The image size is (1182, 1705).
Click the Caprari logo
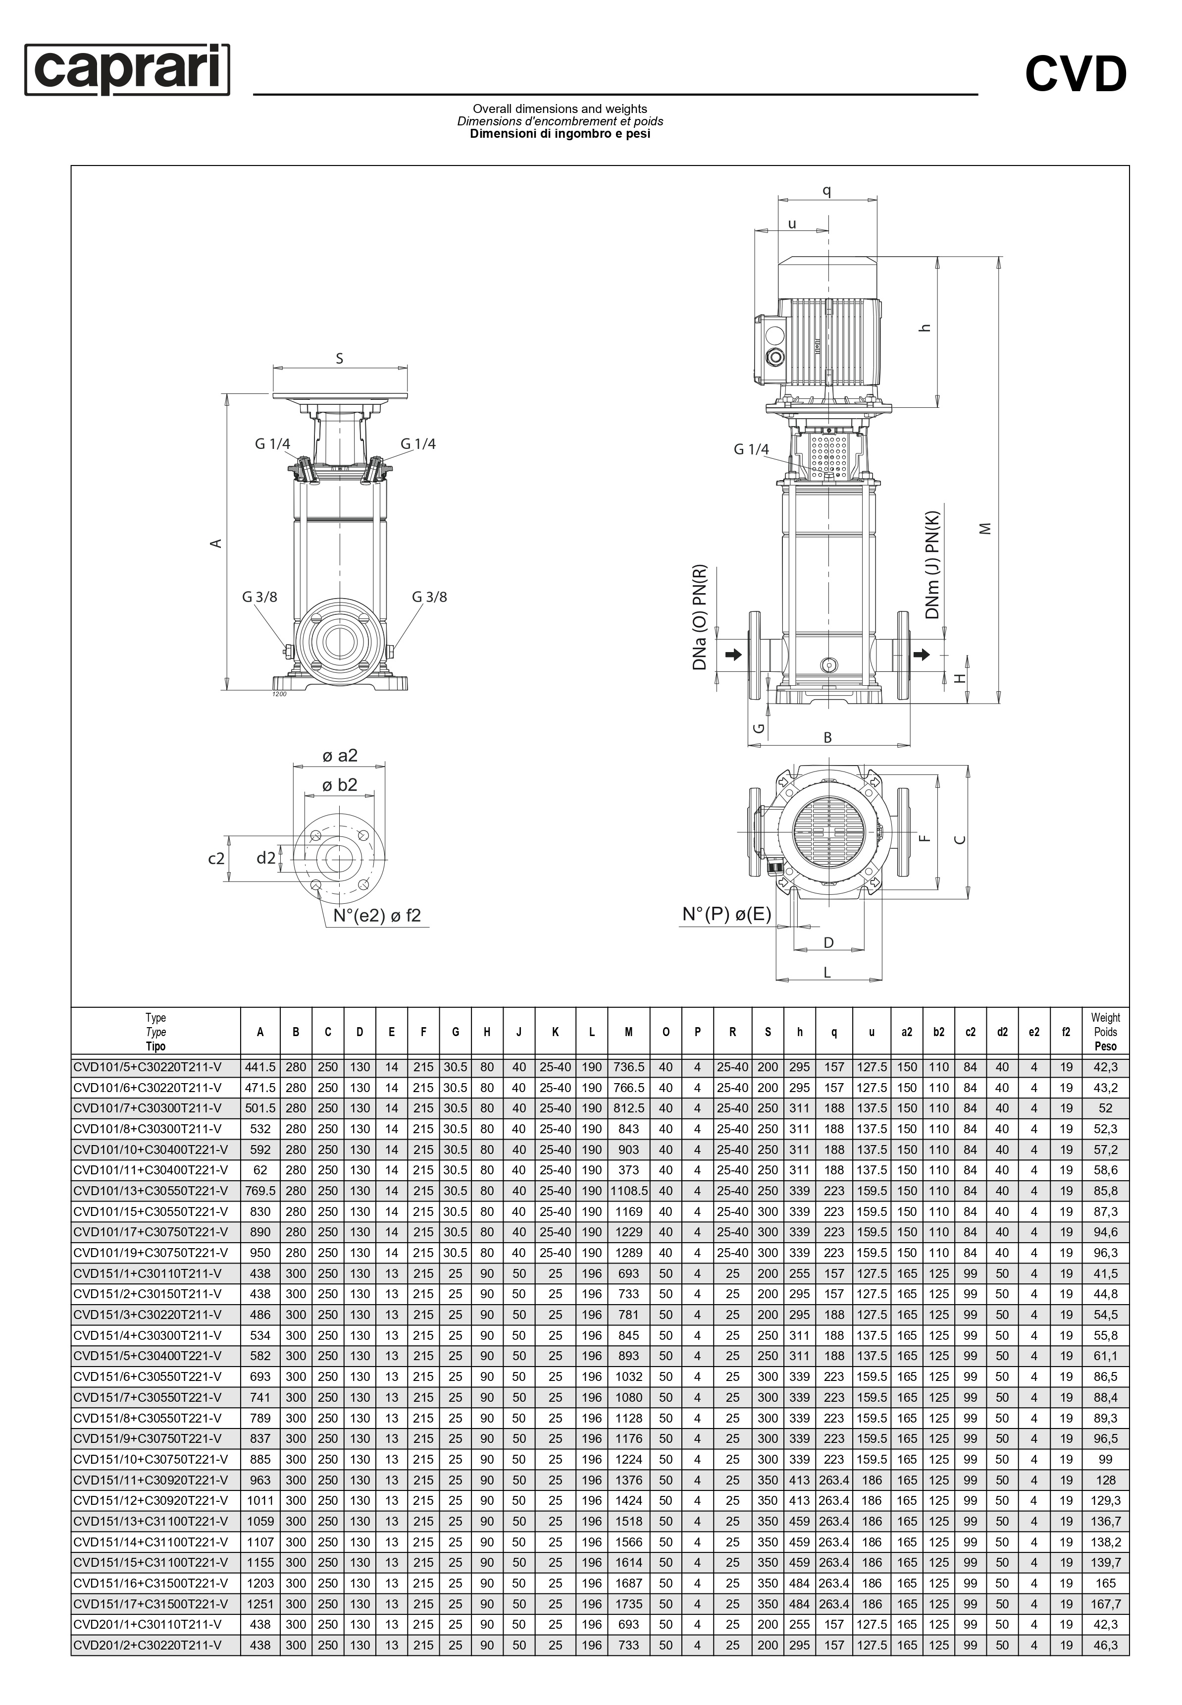tap(127, 70)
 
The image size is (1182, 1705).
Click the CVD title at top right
tap(1076, 75)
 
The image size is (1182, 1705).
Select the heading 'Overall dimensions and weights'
tap(560, 109)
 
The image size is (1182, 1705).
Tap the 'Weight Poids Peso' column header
tap(1105, 1032)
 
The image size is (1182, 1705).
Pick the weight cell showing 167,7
tap(1105, 1603)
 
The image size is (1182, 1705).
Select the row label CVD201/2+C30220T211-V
tap(148, 1645)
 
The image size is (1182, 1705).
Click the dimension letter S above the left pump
tap(340, 359)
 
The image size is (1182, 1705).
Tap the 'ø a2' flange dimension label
tap(340, 755)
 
